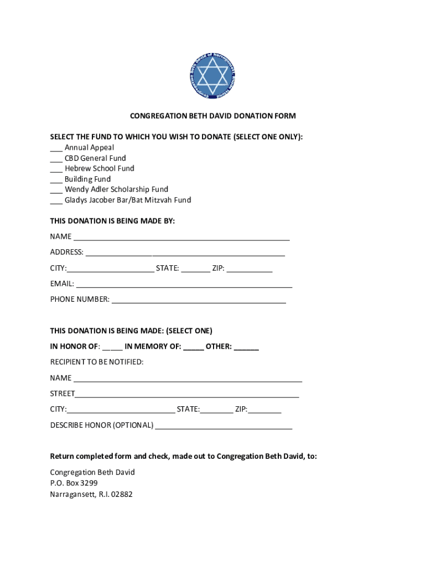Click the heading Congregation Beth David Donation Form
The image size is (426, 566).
[x=213, y=116]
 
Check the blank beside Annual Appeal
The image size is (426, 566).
[x=56, y=148]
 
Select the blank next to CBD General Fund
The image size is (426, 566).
[x=56, y=159]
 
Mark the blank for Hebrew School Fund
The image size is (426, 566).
[x=56, y=169]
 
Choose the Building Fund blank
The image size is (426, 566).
[x=56, y=180]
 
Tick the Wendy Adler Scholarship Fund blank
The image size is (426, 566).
[x=56, y=190]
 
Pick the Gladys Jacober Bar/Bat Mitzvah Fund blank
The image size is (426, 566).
[x=56, y=201]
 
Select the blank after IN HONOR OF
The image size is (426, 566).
[x=112, y=348]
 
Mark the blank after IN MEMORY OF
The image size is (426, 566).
[x=193, y=348]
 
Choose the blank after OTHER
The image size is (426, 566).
[x=246, y=348]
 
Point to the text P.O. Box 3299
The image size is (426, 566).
[x=74, y=483]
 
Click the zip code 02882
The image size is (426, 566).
[x=122, y=494]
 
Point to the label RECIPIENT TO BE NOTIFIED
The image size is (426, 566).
[x=97, y=362]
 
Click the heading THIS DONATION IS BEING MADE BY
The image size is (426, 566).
[x=112, y=221]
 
